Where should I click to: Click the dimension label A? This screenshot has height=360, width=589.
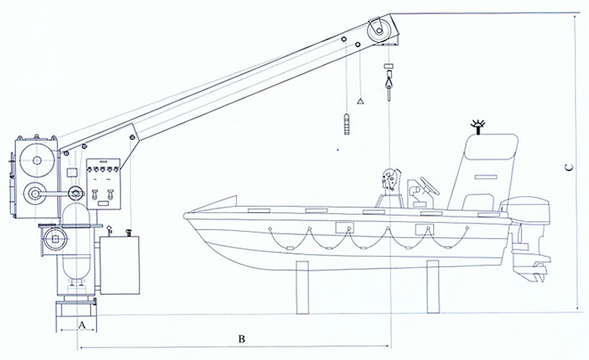point(82,325)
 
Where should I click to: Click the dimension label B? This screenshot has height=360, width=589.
point(241,339)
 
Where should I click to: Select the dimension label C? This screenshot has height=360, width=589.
point(569,168)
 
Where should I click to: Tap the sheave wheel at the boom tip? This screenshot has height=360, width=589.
point(379,30)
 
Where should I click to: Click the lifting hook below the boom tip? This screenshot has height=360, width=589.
point(389,86)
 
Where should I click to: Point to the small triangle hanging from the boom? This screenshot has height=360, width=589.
point(360,101)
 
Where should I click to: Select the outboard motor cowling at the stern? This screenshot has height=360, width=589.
point(525,211)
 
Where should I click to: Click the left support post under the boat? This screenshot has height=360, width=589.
point(302,288)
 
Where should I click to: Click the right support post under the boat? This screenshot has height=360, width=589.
point(433,287)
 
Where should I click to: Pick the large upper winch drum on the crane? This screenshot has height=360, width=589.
point(37,160)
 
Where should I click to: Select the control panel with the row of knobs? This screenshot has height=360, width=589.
point(103,184)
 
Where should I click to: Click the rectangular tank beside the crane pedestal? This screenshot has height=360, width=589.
point(119,266)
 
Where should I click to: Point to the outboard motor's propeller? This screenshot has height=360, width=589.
point(539,273)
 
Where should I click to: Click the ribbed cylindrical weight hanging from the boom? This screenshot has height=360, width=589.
point(348,123)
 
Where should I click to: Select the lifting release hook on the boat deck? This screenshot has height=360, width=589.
point(390,181)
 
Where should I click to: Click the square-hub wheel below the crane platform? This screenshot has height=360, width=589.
point(55,239)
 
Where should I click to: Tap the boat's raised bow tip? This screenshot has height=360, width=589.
point(236,196)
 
